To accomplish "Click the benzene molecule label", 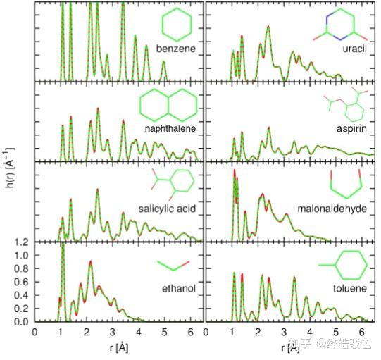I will click(x=175, y=49).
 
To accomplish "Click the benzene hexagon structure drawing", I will click(x=177, y=25).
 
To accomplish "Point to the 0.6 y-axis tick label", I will click(x=24, y=283).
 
